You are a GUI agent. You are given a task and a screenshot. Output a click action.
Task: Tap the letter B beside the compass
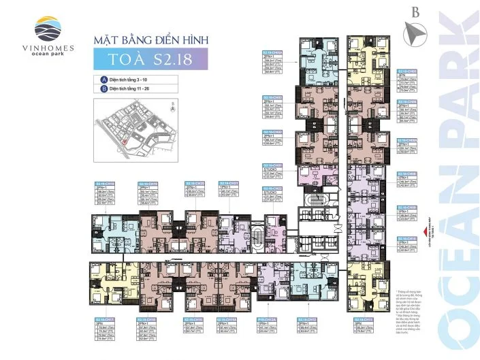click(415, 12)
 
